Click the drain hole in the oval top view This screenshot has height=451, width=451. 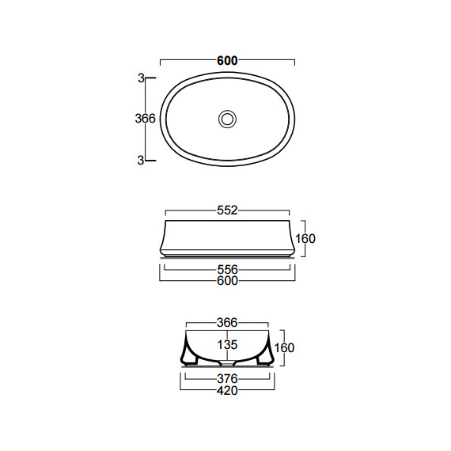[228, 119]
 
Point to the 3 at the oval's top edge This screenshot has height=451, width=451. [140, 78]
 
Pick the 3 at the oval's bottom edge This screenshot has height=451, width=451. [140, 160]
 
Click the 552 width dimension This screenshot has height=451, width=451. [227, 210]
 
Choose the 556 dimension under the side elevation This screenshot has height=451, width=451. [227, 269]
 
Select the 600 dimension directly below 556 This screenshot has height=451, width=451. [227, 280]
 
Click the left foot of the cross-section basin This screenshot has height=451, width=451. [190, 360]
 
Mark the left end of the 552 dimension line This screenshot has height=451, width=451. [165, 210]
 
